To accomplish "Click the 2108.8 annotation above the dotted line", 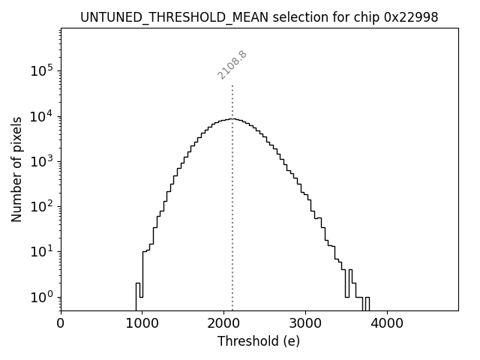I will click(232, 64).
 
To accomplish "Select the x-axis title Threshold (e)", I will click(259, 341).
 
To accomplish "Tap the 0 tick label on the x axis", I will click(61, 323).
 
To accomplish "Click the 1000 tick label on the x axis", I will click(142, 323).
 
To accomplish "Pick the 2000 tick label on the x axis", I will click(223, 323).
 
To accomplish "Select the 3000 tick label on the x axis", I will click(305, 323).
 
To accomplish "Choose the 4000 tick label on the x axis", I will click(387, 323).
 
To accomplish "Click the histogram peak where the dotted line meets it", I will click(232, 118).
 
